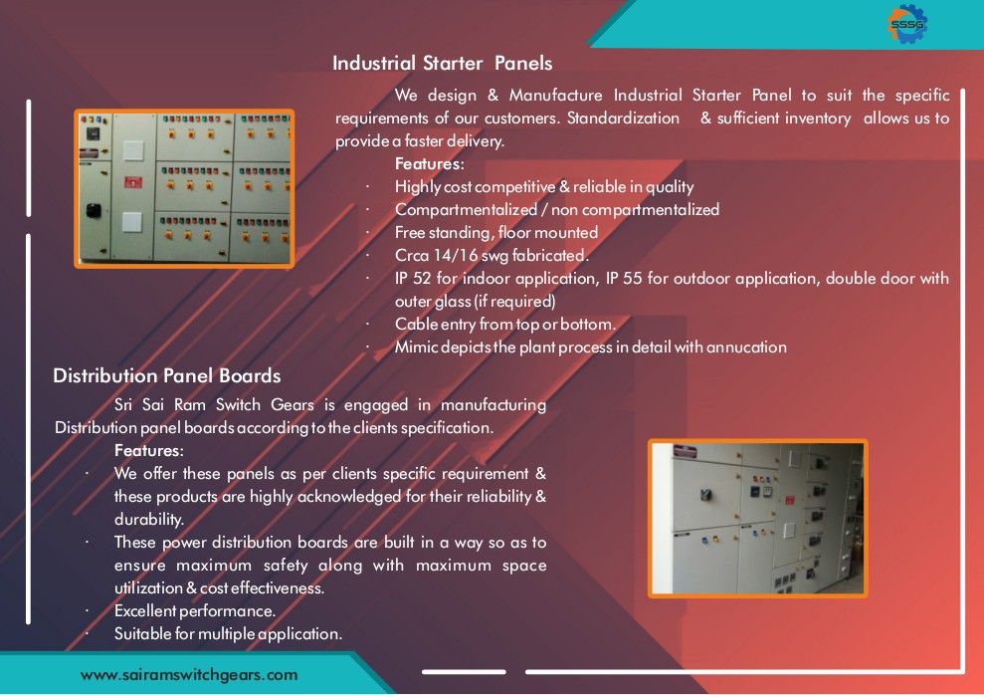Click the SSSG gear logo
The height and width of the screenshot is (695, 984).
coord(907,24)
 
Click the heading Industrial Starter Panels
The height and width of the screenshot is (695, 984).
coord(443,63)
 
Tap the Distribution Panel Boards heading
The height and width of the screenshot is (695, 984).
coord(167,375)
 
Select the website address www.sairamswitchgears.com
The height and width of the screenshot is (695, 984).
coord(189,675)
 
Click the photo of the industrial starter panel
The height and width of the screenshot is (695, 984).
coord(184,189)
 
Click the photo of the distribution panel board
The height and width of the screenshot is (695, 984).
coord(758,519)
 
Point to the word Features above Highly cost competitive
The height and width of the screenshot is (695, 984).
coord(429,164)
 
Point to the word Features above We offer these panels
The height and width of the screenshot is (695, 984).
coord(148,450)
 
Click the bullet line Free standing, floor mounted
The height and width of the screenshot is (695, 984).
coord(496,232)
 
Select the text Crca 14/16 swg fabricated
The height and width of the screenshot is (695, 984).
coord(492,256)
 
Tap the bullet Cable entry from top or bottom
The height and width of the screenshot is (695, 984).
coord(505,324)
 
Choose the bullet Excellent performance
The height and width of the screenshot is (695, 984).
coord(195,611)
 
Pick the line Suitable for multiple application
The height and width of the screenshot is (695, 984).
coord(229,634)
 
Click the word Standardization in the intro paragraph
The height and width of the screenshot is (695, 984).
coord(623,118)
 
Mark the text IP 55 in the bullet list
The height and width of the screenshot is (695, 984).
coord(625,278)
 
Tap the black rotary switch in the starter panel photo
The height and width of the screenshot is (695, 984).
coord(94,210)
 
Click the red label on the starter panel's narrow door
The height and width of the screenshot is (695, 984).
coord(133,182)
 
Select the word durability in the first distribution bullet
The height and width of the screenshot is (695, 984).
coord(149,519)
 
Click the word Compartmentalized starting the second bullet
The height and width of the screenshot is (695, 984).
coord(467,210)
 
